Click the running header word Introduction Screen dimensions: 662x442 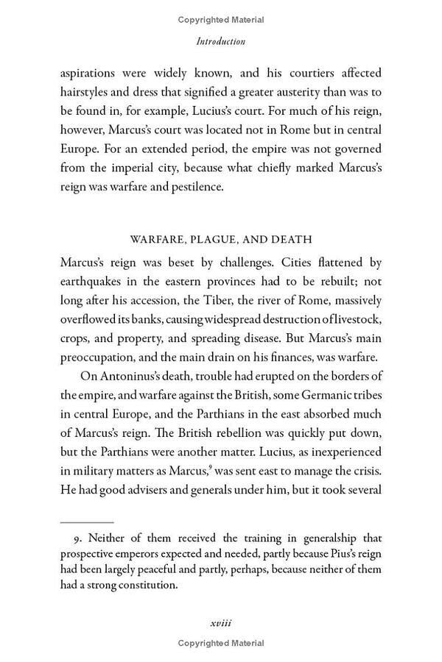(221, 42)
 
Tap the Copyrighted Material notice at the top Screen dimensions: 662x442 (221, 20)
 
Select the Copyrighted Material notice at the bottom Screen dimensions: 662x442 (221, 644)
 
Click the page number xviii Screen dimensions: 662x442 (221, 624)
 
